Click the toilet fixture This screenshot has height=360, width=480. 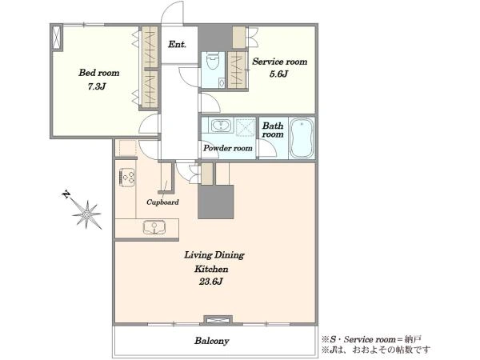213,62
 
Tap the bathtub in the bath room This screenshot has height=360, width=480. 302,138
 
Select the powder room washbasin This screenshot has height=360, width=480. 221,126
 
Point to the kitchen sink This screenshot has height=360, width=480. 154,227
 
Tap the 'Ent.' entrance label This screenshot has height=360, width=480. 177,44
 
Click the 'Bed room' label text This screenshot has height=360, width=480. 99,73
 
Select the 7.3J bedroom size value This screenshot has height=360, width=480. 97,86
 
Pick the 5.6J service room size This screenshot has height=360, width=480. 278,74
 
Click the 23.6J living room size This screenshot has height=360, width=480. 210,282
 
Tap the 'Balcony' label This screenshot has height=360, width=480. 212,341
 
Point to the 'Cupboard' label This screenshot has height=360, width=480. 162,202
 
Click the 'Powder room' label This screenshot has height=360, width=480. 228,148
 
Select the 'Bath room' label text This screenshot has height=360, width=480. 273,130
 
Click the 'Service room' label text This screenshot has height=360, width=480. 280,62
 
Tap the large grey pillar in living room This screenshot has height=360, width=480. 216,202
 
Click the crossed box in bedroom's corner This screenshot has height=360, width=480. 57,37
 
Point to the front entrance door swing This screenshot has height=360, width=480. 172,12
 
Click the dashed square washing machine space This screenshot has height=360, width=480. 245,126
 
